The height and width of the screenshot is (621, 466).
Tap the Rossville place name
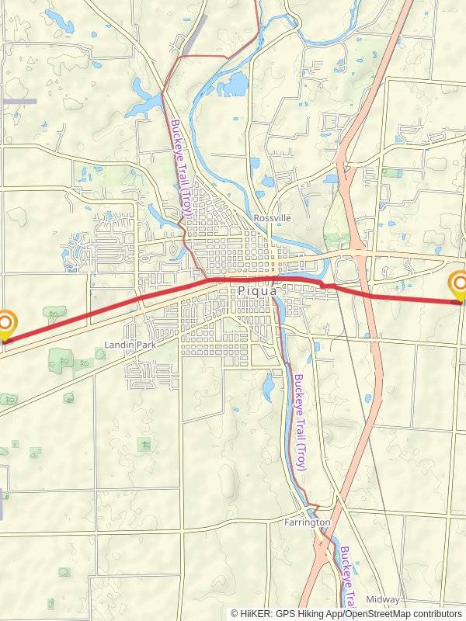click(272, 218)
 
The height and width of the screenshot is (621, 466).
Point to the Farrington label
click(307, 522)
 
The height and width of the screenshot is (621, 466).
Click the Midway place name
click(382, 599)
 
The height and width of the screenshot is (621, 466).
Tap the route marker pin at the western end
click(5, 325)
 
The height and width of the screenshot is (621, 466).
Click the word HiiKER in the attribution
click(256, 613)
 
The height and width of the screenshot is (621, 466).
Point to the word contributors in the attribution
click(435, 613)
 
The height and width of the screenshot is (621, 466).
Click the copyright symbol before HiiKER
click(235, 613)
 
